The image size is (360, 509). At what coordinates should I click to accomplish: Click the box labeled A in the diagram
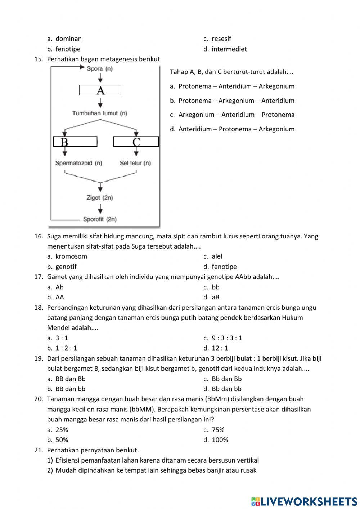100,90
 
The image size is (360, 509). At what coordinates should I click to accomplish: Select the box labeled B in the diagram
75,142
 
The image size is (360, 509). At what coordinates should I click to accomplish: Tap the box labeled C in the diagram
136,142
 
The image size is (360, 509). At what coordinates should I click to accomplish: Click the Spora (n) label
100,68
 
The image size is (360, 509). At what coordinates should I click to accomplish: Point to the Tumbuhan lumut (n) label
100,113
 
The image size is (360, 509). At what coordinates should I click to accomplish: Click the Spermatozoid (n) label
78,163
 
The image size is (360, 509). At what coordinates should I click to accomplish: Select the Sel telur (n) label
135,163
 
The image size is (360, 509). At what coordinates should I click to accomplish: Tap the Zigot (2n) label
100,198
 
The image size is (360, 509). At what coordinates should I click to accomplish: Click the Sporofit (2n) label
100,219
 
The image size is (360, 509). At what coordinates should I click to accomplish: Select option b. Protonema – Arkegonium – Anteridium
236,101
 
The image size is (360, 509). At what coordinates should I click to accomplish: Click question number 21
39,450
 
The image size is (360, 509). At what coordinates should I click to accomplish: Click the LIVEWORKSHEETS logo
304,501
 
